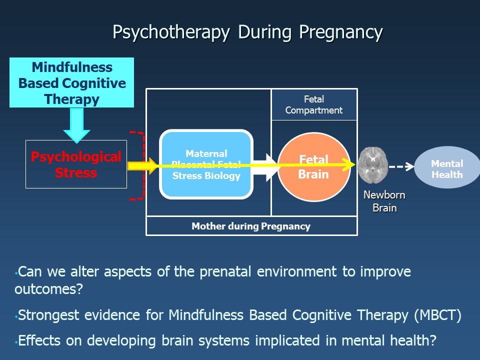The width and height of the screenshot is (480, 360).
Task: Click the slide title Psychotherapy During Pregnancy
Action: coord(247,32)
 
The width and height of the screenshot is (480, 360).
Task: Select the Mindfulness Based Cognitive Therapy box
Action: coord(72,83)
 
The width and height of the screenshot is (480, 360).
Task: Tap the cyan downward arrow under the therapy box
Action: coord(76,125)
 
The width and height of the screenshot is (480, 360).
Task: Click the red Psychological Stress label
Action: coord(76,164)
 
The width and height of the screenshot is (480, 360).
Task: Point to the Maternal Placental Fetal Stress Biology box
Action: coord(206,164)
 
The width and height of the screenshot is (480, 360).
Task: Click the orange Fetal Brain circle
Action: coord(313,166)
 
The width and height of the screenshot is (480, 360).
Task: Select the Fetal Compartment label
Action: coord(314,105)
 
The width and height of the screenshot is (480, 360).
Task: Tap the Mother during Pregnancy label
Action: coord(251,226)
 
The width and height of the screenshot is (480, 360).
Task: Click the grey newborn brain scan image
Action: coord(373,165)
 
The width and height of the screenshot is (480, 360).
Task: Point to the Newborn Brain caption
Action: coord(384,201)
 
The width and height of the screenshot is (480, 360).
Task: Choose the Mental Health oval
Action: coord(447,168)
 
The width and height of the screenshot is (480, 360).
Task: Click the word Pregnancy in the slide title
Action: coord(341,32)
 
